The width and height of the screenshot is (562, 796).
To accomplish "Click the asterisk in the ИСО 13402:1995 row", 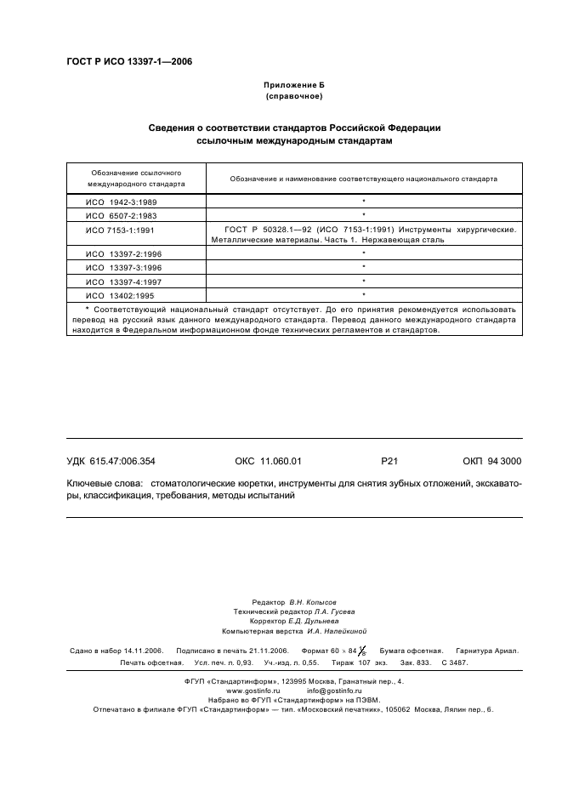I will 363,294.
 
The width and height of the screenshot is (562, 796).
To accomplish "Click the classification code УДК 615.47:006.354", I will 111,461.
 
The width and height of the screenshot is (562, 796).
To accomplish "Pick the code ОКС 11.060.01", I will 268,461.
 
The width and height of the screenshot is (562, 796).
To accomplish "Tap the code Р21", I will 390,461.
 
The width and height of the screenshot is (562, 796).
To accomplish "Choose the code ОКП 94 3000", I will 492,461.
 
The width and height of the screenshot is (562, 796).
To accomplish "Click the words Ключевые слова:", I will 100,483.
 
